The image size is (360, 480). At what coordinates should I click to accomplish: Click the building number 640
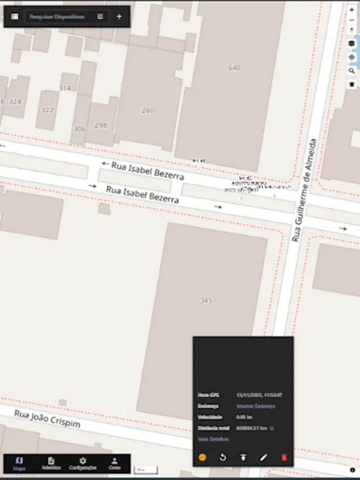click(234, 68)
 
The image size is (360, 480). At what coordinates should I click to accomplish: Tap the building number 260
click(148, 110)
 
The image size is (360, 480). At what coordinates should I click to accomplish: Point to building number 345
click(206, 300)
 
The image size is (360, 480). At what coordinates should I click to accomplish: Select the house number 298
click(101, 125)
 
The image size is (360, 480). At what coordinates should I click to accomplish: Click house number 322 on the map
click(47, 110)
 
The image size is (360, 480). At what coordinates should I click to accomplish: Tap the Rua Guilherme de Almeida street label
click(305, 190)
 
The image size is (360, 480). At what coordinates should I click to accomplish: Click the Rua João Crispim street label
click(47, 419)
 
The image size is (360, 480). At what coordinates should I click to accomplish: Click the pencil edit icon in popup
click(263, 457)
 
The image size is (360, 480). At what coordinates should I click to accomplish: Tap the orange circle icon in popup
click(202, 457)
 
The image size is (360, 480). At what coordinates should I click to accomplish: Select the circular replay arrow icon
click(223, 457)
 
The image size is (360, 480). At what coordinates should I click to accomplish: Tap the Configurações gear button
click(83, 463)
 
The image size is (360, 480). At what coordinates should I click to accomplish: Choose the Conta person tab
click(115, 463)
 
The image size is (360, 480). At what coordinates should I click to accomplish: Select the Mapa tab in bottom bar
click(19, 463)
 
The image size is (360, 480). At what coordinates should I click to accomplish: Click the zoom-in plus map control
click(351, 10)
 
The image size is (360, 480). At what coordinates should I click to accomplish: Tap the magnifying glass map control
click(351, 70)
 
